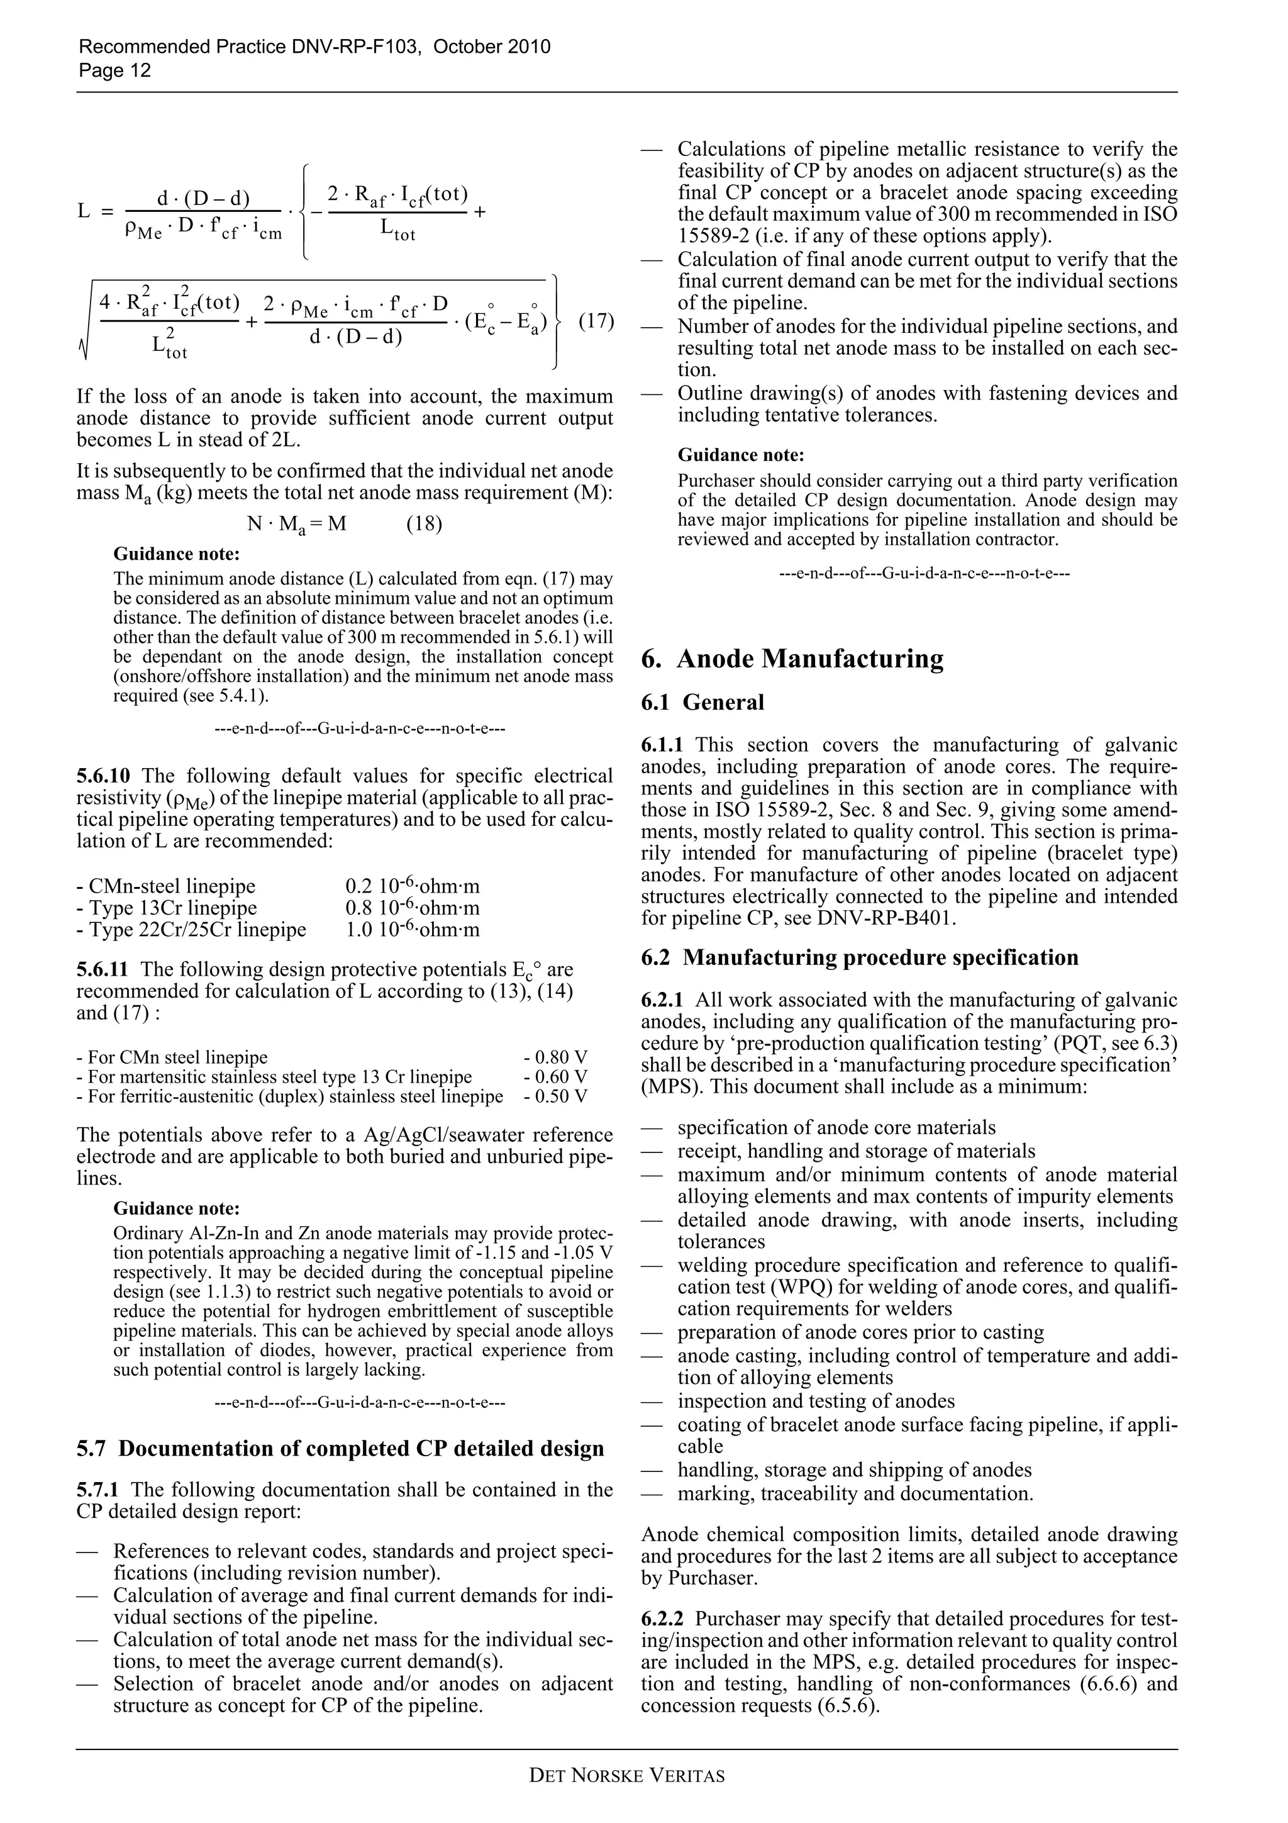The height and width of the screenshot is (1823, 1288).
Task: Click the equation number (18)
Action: (424, 524)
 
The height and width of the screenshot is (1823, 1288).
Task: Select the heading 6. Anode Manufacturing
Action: (792, 658)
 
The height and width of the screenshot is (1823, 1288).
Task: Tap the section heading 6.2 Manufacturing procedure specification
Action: (860, 957)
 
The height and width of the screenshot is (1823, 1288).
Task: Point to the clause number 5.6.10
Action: (104, 776)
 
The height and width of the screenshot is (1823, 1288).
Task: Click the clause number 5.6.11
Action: (104, 969)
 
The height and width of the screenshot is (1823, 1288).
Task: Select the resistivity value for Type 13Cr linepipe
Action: (412, 908)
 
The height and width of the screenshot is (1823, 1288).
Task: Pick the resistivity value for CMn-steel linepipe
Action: (412, 886)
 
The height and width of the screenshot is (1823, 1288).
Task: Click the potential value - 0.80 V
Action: (555, 1057)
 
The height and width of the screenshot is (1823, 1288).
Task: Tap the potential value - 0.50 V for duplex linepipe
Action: (555, 1096)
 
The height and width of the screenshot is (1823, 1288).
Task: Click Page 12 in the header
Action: (114, 70)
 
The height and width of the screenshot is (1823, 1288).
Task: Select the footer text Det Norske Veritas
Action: (626, 1775)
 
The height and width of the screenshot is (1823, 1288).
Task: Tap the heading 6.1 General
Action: (702, 703)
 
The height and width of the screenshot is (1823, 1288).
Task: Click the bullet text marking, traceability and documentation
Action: (855, 1493)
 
